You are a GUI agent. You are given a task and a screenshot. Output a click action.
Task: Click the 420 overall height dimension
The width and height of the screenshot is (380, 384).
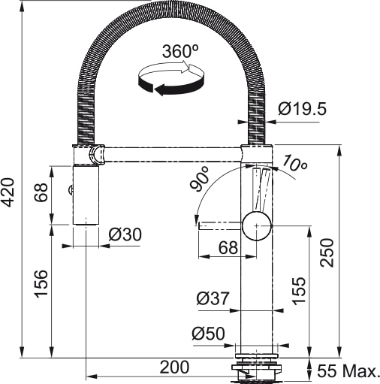(9, 193)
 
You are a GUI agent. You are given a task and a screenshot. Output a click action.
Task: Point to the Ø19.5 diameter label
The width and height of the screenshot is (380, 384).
(302, 109)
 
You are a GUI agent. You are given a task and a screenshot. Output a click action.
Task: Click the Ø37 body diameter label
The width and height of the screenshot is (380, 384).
(213, 298)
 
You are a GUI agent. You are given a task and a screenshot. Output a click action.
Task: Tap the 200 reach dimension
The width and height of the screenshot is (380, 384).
(173, 367)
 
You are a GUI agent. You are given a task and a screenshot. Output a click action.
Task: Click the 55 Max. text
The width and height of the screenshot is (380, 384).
(350, 370)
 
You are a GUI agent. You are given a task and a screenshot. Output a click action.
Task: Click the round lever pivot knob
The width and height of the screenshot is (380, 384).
(257, 223)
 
